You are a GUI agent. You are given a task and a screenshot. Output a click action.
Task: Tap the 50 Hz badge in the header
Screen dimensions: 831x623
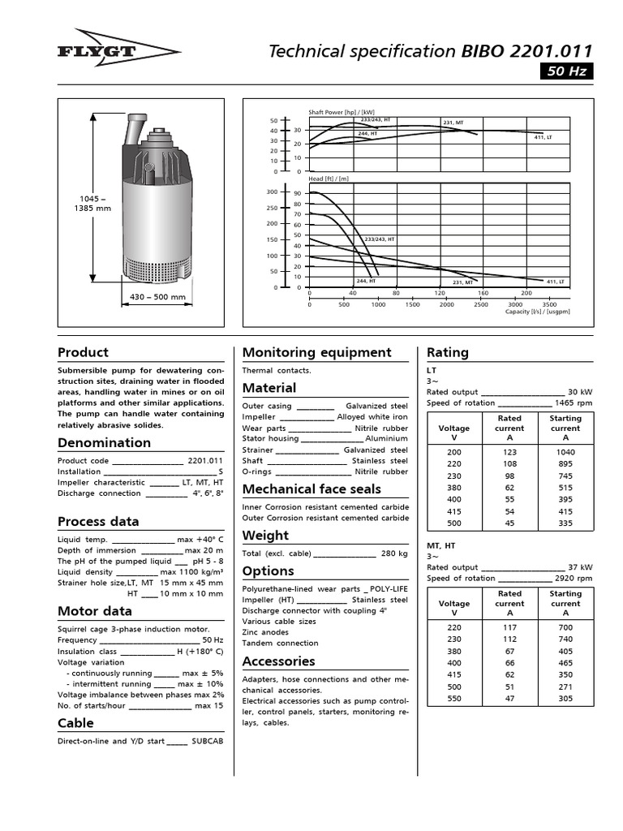[567, 71]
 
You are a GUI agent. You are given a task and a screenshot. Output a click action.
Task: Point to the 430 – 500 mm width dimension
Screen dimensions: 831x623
[158, 297]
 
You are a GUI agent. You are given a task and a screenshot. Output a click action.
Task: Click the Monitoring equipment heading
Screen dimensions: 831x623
[316, 352]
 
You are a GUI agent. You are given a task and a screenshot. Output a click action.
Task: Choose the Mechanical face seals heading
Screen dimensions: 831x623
[311, 489]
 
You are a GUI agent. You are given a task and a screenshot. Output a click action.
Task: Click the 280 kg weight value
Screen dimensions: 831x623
[395, 553]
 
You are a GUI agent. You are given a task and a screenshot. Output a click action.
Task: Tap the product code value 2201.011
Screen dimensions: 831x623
[205, 460]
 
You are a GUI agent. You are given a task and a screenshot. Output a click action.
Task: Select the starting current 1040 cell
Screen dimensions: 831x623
[565, 451]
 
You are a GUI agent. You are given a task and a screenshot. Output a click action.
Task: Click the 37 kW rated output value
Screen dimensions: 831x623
[579, 567]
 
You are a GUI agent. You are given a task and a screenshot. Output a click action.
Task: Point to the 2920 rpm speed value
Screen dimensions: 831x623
[574, 579]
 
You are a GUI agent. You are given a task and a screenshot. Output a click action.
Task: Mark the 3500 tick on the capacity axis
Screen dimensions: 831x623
[549, 304]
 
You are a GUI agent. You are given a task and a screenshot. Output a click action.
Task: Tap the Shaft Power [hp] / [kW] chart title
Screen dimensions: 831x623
[342, 111]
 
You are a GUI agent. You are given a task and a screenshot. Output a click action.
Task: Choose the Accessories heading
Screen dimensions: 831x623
[278, 661]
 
